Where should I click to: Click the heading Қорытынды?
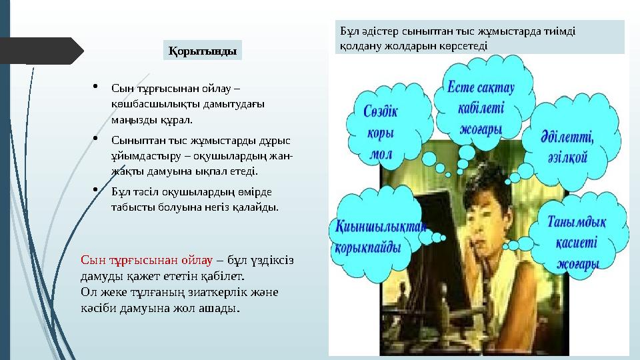tap(203, 50)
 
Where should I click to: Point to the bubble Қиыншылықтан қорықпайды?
tap(377, 236)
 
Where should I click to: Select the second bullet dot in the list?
tap(97, 139)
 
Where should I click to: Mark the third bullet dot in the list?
tap(97, 189)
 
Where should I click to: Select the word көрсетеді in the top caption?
tap(466, 46)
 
